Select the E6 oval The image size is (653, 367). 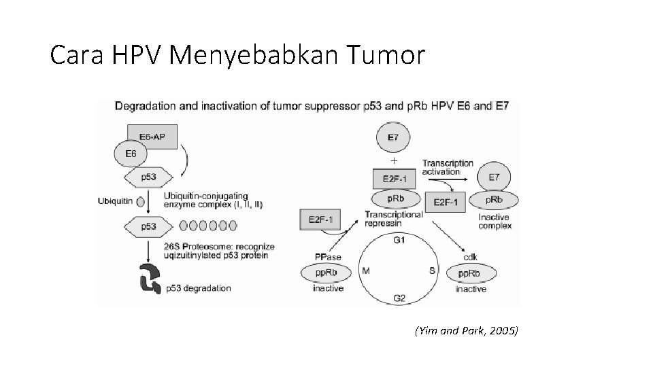click(x=131, y=154)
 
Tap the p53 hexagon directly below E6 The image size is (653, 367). click(x=148, y=177)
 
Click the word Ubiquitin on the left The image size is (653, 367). click(x=114, y=200)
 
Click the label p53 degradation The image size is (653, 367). click(x=198, y=288)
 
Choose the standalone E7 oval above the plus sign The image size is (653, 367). click(x=393, y=138)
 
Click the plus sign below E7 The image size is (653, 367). click(x=394, y=160)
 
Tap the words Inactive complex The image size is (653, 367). click(x=495, y=222)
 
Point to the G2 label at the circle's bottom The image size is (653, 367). click(x=401, y=298)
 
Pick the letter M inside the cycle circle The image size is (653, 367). click(x=366, y=270)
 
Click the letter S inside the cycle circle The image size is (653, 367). click(x=432, y=270)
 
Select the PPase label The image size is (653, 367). click(x=327, y=257)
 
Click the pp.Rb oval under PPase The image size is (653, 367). click(x=328, y=273)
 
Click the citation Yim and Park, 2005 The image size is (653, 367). click(x=465, y=331)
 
